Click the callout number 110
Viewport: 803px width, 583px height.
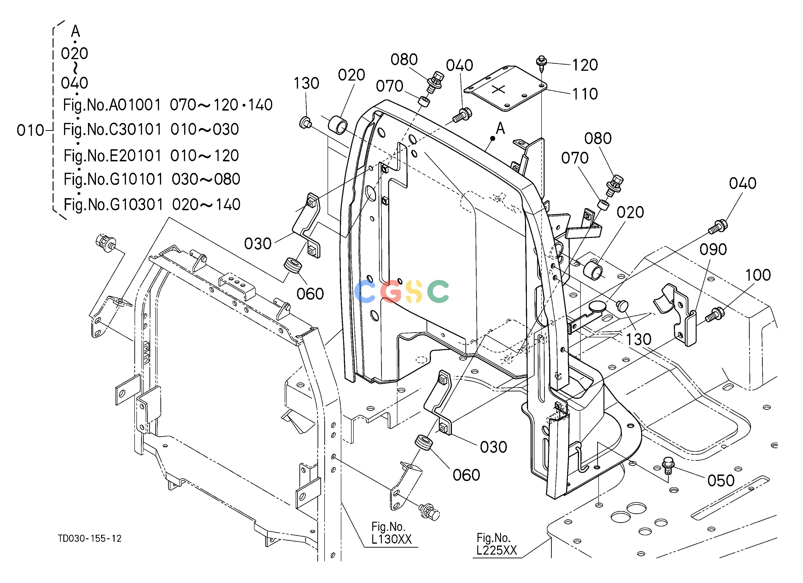(x=585, y=94)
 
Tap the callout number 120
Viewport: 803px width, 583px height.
(x=585, y=65)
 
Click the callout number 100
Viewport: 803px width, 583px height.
(x=758, y=275)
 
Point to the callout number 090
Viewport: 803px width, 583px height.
(x=713, y=250)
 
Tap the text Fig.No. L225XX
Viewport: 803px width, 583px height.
(x=496, y=544)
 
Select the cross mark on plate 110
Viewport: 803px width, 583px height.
(x=498, y=89)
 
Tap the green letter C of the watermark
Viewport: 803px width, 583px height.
(x=438, y=291)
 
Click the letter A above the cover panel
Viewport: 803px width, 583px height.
(x=500, y=129)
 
